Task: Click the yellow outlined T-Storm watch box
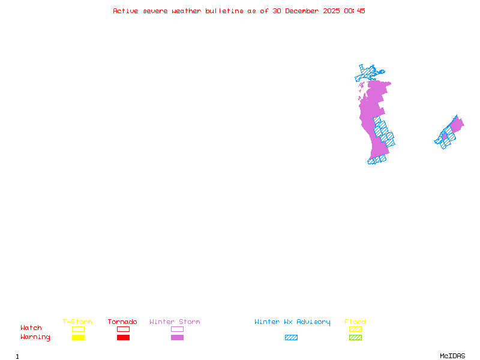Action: point(78,329)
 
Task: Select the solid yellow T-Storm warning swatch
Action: point(78,337)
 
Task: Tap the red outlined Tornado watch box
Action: point(123,329)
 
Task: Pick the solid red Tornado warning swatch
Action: point(123,337)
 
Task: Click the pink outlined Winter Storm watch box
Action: point(177,329)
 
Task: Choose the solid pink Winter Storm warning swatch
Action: point(177,337)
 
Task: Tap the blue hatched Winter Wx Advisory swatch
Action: point(291,337)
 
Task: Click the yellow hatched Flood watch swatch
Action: point(355,329)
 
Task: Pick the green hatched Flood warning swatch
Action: point(355,337)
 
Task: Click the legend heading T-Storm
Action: point(77,322)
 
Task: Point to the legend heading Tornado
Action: point(122,322)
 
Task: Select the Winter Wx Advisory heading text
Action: point(292,322)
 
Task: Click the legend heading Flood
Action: point(355,322)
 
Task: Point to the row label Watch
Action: point(31,328)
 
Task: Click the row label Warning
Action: point(35,337)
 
